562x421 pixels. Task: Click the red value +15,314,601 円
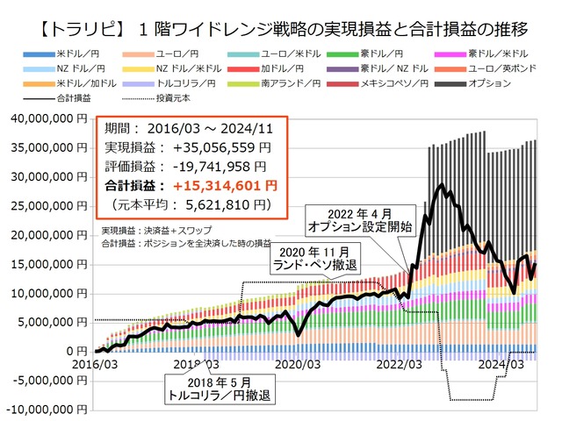point(227,185)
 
